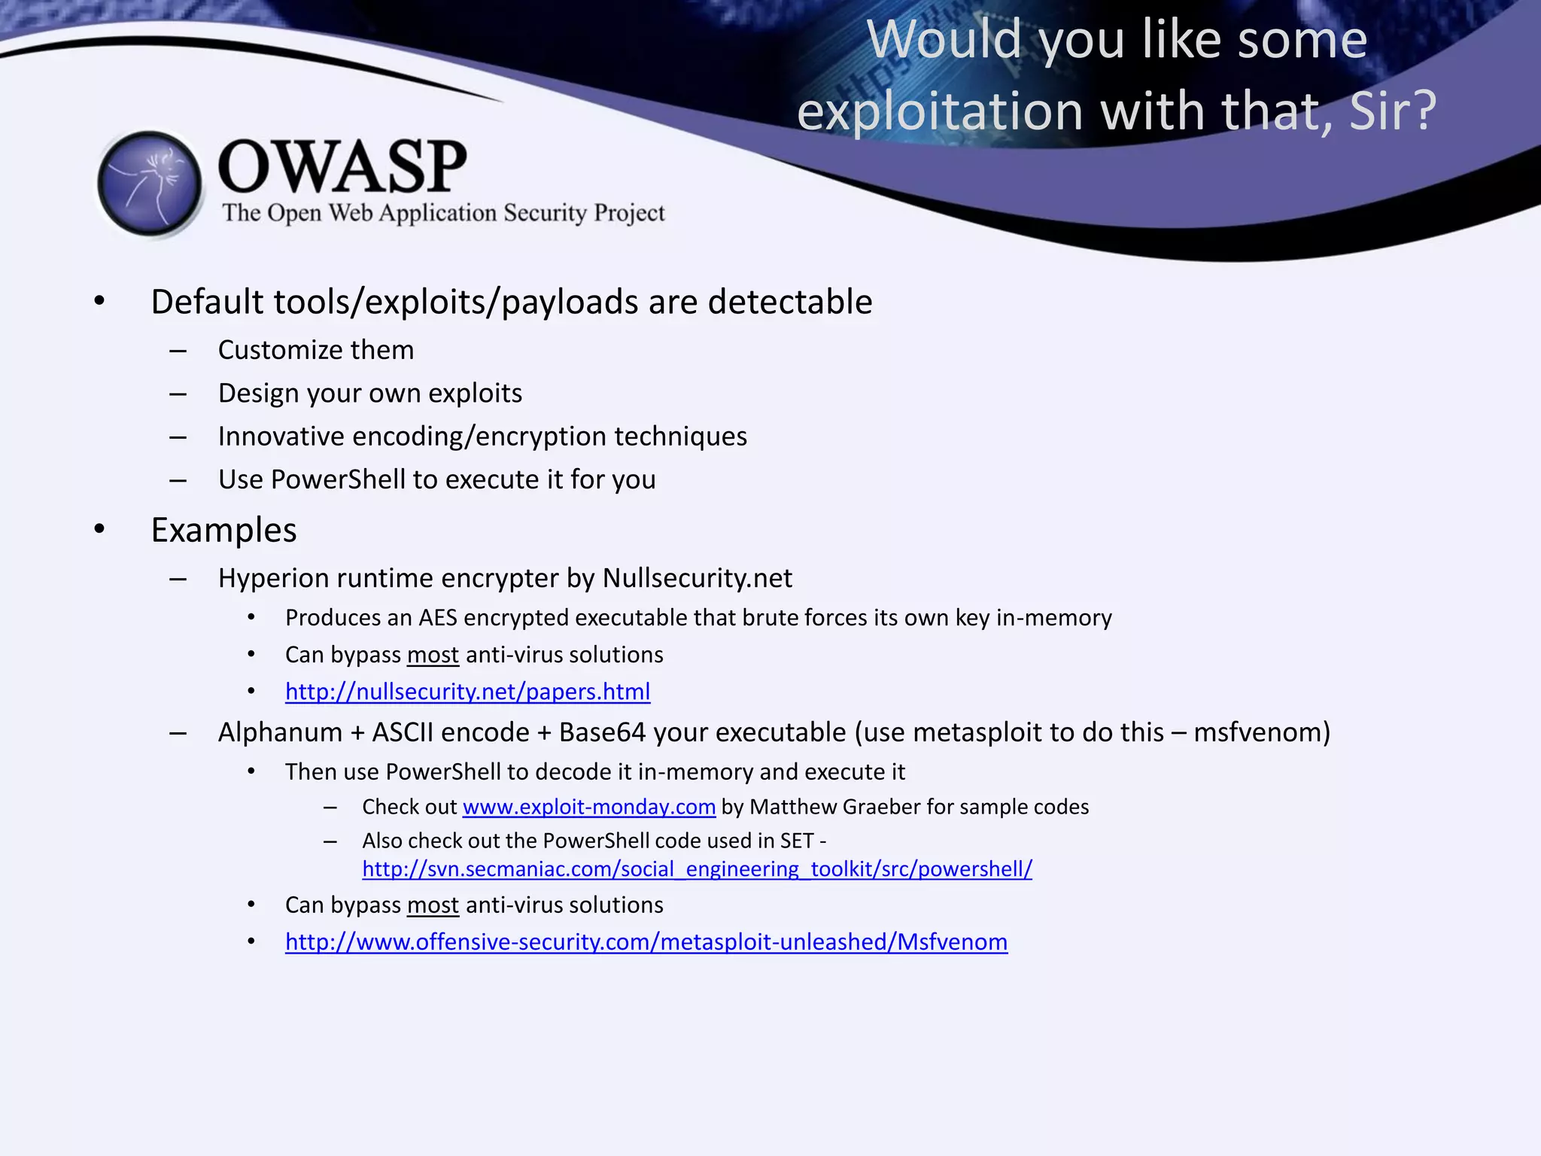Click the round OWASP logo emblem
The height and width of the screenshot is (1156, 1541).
pyautogui.click(x=150, y=184)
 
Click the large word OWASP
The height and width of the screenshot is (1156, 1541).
pyautogui.click(x=342, y=166)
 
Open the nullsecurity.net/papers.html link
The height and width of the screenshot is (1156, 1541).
pyautogui.click(x=467, y=692)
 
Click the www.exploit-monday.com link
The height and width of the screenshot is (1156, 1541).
pyautogui.click(x=588, y=807)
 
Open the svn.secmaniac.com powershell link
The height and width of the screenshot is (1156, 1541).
pyautogui.click(x=697, y=869)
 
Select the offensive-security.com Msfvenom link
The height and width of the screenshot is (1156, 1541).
pyautogui.click(x=646, y=942)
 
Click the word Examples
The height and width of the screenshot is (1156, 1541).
pyautogui.click(x=223, y=531)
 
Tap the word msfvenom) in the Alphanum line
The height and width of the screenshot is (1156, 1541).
pyautogui.click(x=1262, y=732)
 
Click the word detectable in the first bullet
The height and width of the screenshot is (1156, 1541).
pyautogui.click(x=789, y=302)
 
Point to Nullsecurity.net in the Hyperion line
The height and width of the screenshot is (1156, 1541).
pyautogui.click(x=697, y=578)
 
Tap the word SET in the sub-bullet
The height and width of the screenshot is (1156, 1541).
pyautogui.click(x=797, y=841)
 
